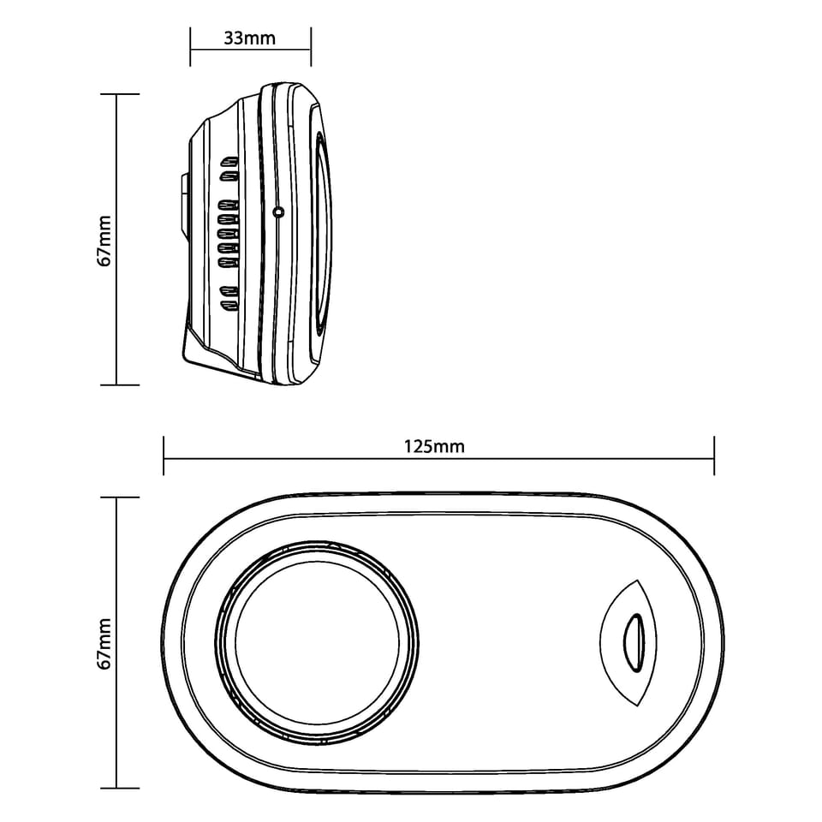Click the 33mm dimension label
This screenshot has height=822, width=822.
(x=249, y=39)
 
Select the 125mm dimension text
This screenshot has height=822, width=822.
(x=434, y=447)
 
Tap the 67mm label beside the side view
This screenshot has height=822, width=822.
(x=104, y=241)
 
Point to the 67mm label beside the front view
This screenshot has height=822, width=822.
(x=104, y=643)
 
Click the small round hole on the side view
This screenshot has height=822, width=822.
(x=278, y=212)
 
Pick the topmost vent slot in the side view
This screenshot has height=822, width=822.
(x=229, y=159)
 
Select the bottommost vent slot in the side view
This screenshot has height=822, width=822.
(x=229, y=305)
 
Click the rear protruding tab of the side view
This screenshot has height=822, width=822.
(x=184, y=204)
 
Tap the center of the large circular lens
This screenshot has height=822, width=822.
(x=317, y=641)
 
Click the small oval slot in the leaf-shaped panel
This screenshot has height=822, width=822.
(x=634, y=643)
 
